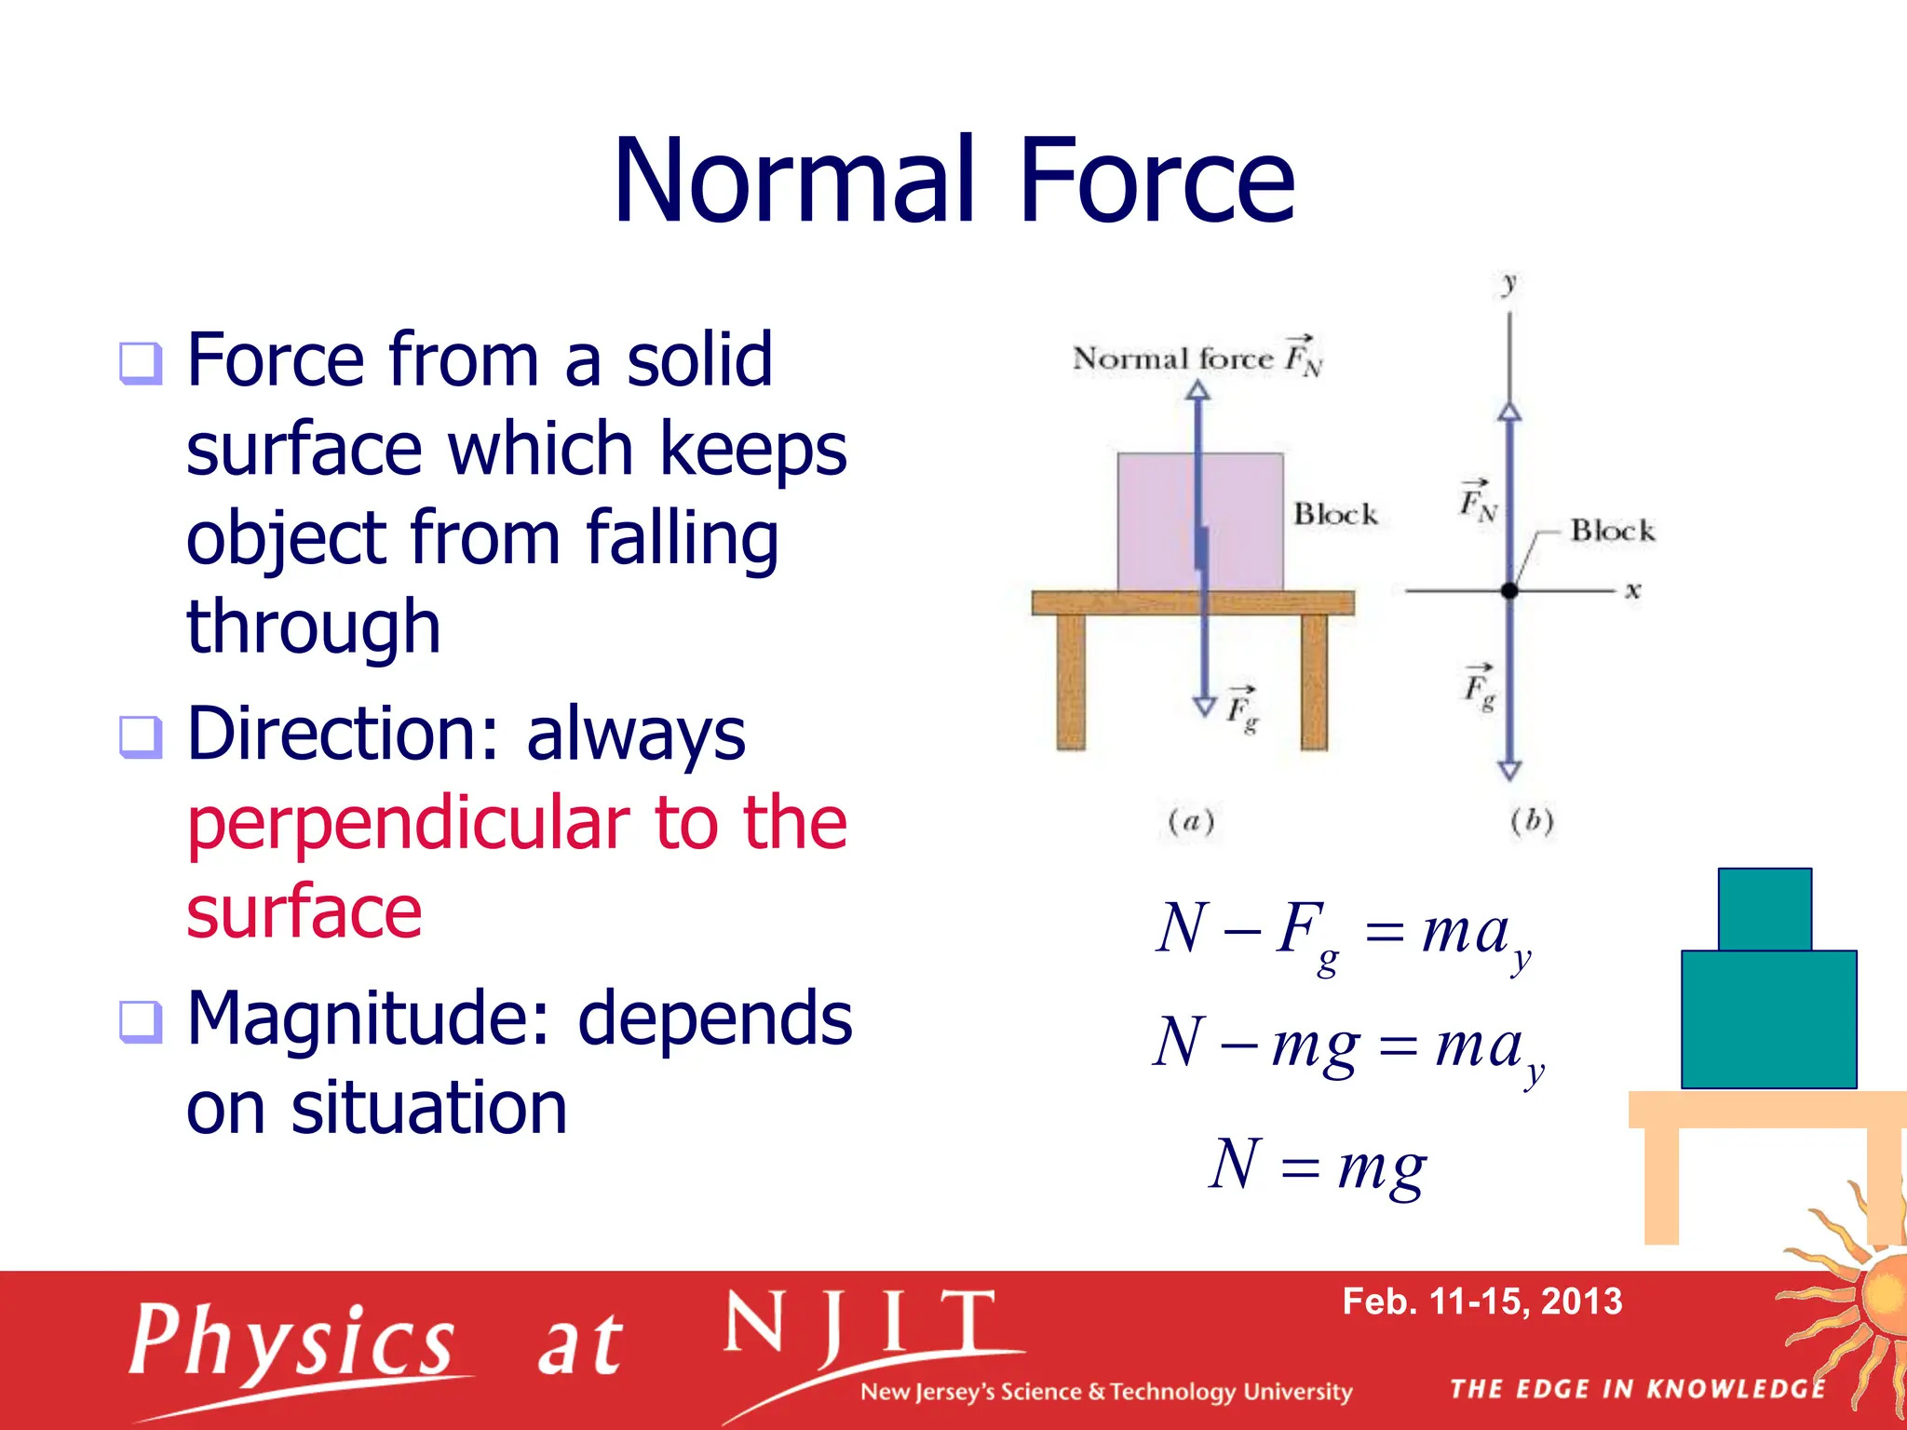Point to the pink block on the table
tap(1155, 521)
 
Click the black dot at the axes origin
tap(1509, 590)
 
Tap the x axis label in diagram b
tap(1632, 590)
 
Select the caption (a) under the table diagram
tap(1191, 822)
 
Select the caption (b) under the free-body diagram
tap(1532, 821)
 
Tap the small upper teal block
tap(1765, 909)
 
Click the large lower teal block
tap(1768, 1019)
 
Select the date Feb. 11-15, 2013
tap(1481, 1302)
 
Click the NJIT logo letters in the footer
tap(859, 1325)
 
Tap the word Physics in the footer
tap(292, 1341)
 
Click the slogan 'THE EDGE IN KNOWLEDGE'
tap(1637, 1389)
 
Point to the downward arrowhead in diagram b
tap(1509, 770)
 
